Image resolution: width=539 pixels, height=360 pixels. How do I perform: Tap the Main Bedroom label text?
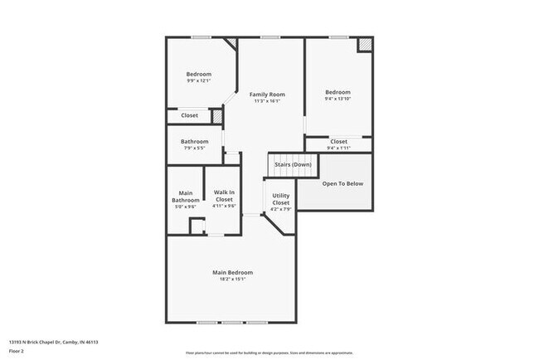232,272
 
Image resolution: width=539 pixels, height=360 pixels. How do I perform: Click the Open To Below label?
342,183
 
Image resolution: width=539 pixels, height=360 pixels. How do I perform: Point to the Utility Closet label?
281,200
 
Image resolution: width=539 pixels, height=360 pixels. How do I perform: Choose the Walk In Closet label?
224,197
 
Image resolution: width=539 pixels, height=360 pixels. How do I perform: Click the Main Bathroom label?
186,197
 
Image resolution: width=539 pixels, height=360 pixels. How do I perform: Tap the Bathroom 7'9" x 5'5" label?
195,142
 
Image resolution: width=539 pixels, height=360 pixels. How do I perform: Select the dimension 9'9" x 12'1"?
198,81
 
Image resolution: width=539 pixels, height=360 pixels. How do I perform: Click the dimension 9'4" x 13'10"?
337,99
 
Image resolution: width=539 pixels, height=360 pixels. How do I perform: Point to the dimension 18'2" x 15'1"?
232,280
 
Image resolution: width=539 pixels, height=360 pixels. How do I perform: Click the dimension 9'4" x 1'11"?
338,148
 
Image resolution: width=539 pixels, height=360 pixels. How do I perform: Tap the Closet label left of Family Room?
190,115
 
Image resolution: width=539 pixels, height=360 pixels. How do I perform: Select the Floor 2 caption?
17,351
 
